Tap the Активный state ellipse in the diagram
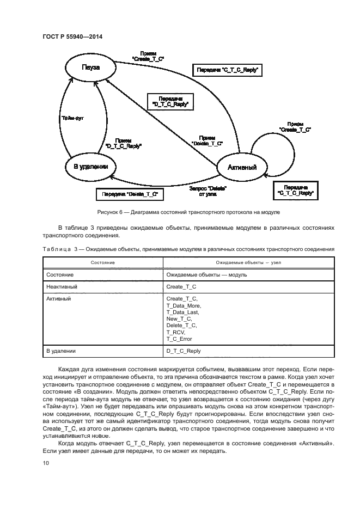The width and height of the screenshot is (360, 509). point(242,167)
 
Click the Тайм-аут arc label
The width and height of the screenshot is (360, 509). point(70,117)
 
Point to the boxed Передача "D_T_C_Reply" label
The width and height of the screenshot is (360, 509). point(171,101)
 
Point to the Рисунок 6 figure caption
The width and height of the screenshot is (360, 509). point(180,211)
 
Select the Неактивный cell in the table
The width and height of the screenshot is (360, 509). point(62,286)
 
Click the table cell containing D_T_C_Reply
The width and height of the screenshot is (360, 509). point(184,351)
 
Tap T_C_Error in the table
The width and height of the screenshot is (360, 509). point(179,339)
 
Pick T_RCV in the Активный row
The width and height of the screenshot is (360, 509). point(175,332)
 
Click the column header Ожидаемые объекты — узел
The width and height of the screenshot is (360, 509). point(248,263)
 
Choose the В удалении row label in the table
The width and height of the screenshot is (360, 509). point(61,351)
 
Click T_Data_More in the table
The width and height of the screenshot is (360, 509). point(183,305)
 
